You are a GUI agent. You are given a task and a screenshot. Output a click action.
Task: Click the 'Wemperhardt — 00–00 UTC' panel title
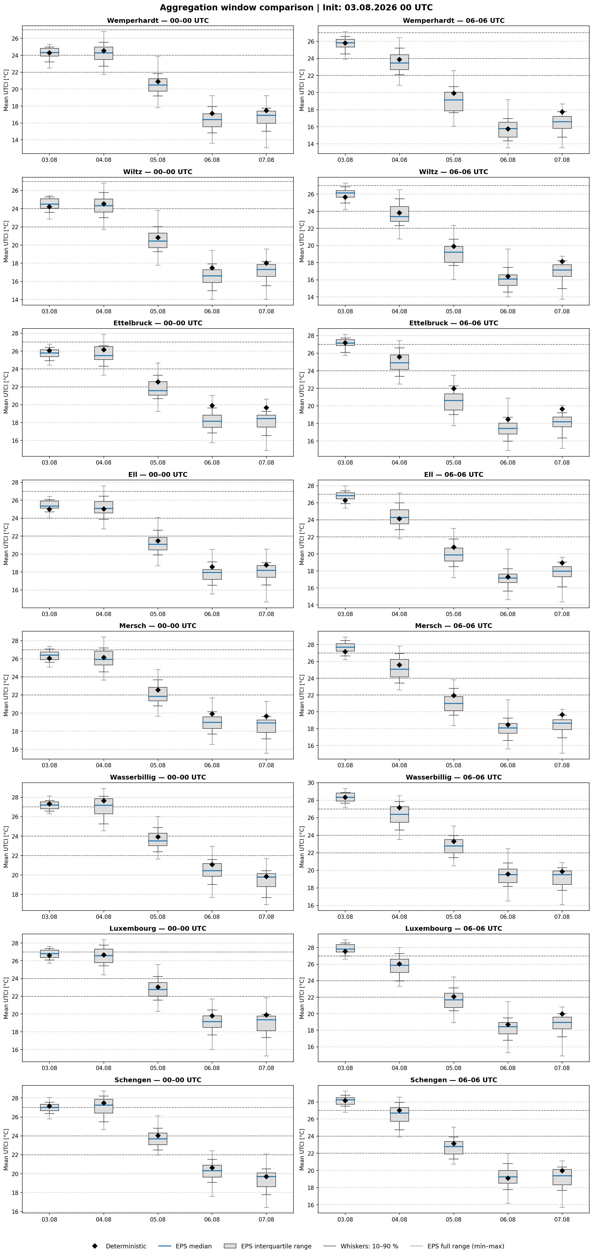(x=158, y=20)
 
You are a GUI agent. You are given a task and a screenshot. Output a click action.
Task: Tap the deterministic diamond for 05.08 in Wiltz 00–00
(x=158, y=237)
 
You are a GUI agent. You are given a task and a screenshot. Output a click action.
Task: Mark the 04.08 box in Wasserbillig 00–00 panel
(x=104, y=806)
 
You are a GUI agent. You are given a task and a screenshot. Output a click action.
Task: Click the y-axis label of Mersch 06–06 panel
(x=302, y=695)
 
